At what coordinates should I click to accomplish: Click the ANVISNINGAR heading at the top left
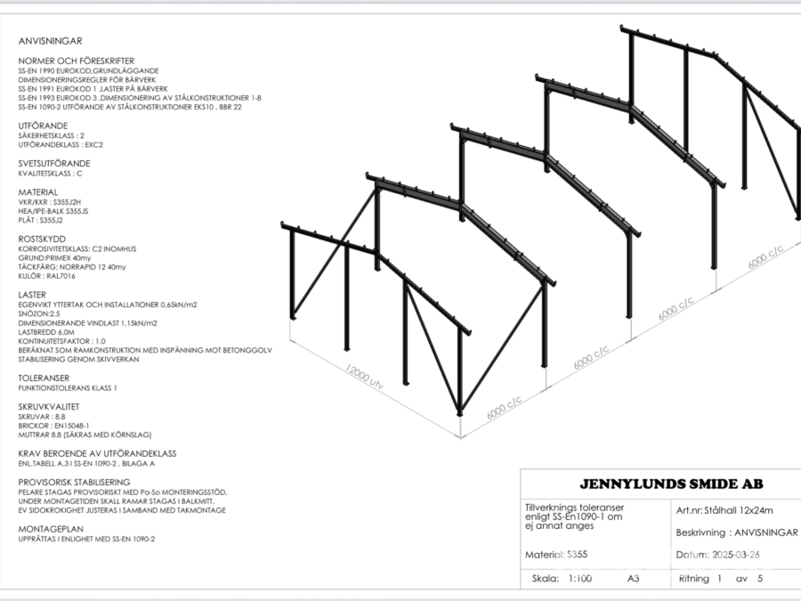(50, 41)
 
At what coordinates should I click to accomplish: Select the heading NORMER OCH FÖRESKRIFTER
(74, 60)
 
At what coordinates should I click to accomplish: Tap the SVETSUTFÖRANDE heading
(54, 164)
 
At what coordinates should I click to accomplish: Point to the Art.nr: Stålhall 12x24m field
(724, 510)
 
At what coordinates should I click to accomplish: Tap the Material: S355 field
(556, 555)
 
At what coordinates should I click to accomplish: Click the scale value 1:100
(581, 578)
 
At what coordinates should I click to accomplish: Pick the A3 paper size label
(633, 578)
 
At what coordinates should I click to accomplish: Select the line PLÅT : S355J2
(41, 219)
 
